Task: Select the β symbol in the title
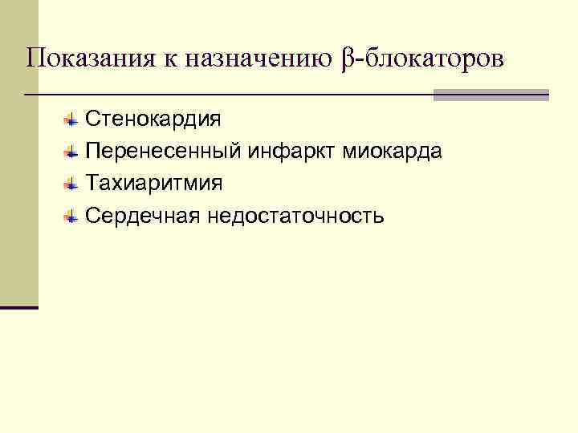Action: pyautogui.click(x=347, y=59)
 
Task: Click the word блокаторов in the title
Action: pyautogui.click(x=434, y=59)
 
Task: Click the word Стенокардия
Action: pyautogui.click(x=153, y=120)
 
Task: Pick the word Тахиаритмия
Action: pyautogui.click(x=155, y=184)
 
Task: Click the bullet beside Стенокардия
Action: pyautogui.click(x=71, y=120)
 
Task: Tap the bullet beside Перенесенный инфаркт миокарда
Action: pyautogui.click(x=71, y=152)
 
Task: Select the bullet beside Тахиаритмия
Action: pyautogui.click(x=71, y=184)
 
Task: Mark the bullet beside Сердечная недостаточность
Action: pyautogui.click(x=71, y=216)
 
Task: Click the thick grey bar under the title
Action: pyautogui.click(x=491, y=95)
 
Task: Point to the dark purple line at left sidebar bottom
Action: pyautogui.click(x=19, y=308)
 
